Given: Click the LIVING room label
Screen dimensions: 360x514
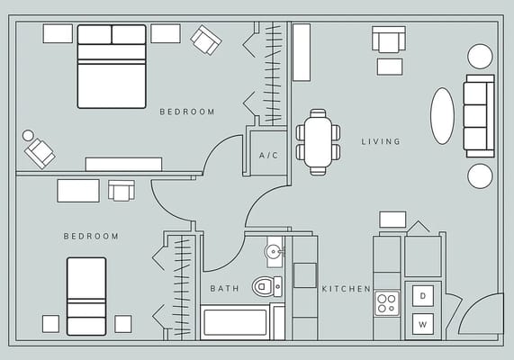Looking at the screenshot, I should [381, 141].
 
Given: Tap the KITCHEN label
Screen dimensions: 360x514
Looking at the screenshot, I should [347, 289].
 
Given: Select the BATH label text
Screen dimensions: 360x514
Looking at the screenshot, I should [224, 289].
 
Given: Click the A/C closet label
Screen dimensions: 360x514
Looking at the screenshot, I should [268, 156].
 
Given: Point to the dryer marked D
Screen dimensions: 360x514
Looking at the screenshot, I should [423, 294].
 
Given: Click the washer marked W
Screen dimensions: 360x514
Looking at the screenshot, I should [423, 322].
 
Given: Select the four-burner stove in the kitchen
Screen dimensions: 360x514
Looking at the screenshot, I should [387, 302].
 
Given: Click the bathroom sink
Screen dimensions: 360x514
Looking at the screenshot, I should [274, 250].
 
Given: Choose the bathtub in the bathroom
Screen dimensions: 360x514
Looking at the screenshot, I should [235, 322].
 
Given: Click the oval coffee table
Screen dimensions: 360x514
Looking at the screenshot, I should [442, 115].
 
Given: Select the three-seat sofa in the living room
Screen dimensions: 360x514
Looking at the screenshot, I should [478, 115].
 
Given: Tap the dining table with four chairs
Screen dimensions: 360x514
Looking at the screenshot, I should [318, 142].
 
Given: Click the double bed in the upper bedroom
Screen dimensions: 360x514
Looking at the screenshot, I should [112, 67].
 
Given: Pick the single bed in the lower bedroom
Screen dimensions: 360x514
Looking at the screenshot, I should [86, 296].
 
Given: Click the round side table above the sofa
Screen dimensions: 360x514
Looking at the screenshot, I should [480, 56].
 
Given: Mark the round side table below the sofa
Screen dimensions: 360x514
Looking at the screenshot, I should [480, 175].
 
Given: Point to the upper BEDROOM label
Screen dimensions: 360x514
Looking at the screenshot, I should [187, 112].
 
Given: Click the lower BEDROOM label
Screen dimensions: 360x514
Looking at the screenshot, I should [91, 236].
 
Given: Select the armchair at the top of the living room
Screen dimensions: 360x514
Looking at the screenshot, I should [389, 40].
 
